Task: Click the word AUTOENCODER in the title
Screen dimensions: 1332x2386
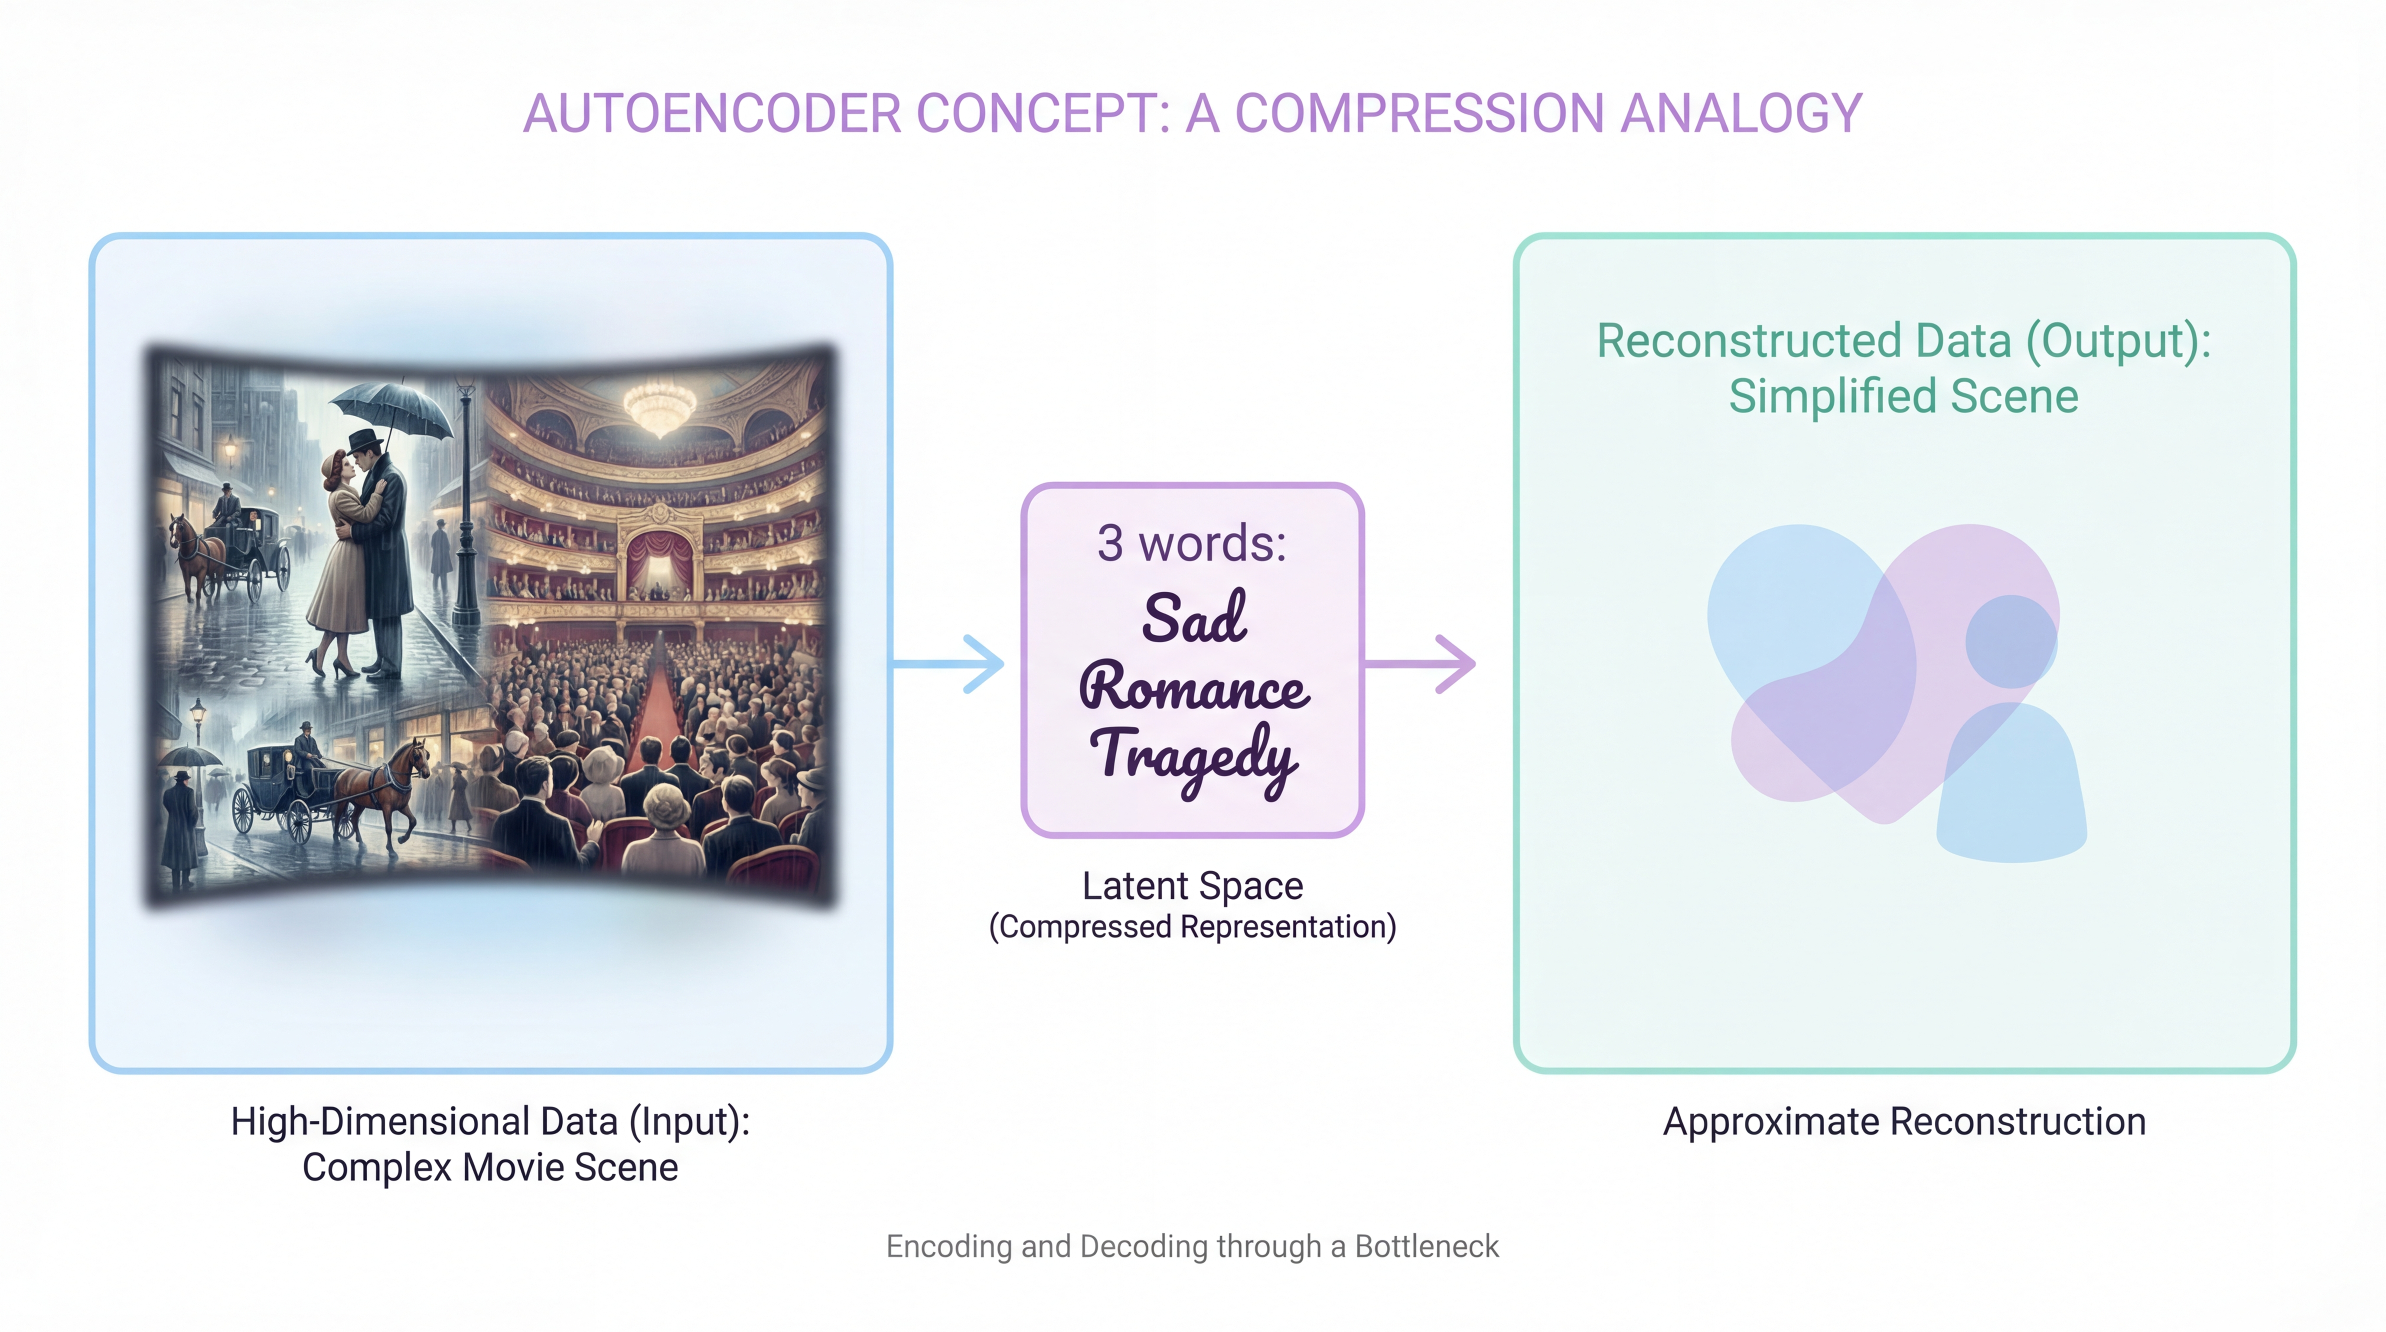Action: (x=711, y=114)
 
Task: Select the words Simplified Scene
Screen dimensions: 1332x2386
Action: (x=1904, y=396)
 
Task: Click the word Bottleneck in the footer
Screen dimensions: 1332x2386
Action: (x=1426, y=1247)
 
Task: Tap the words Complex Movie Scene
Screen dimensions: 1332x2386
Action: (x=490, y=1167)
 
